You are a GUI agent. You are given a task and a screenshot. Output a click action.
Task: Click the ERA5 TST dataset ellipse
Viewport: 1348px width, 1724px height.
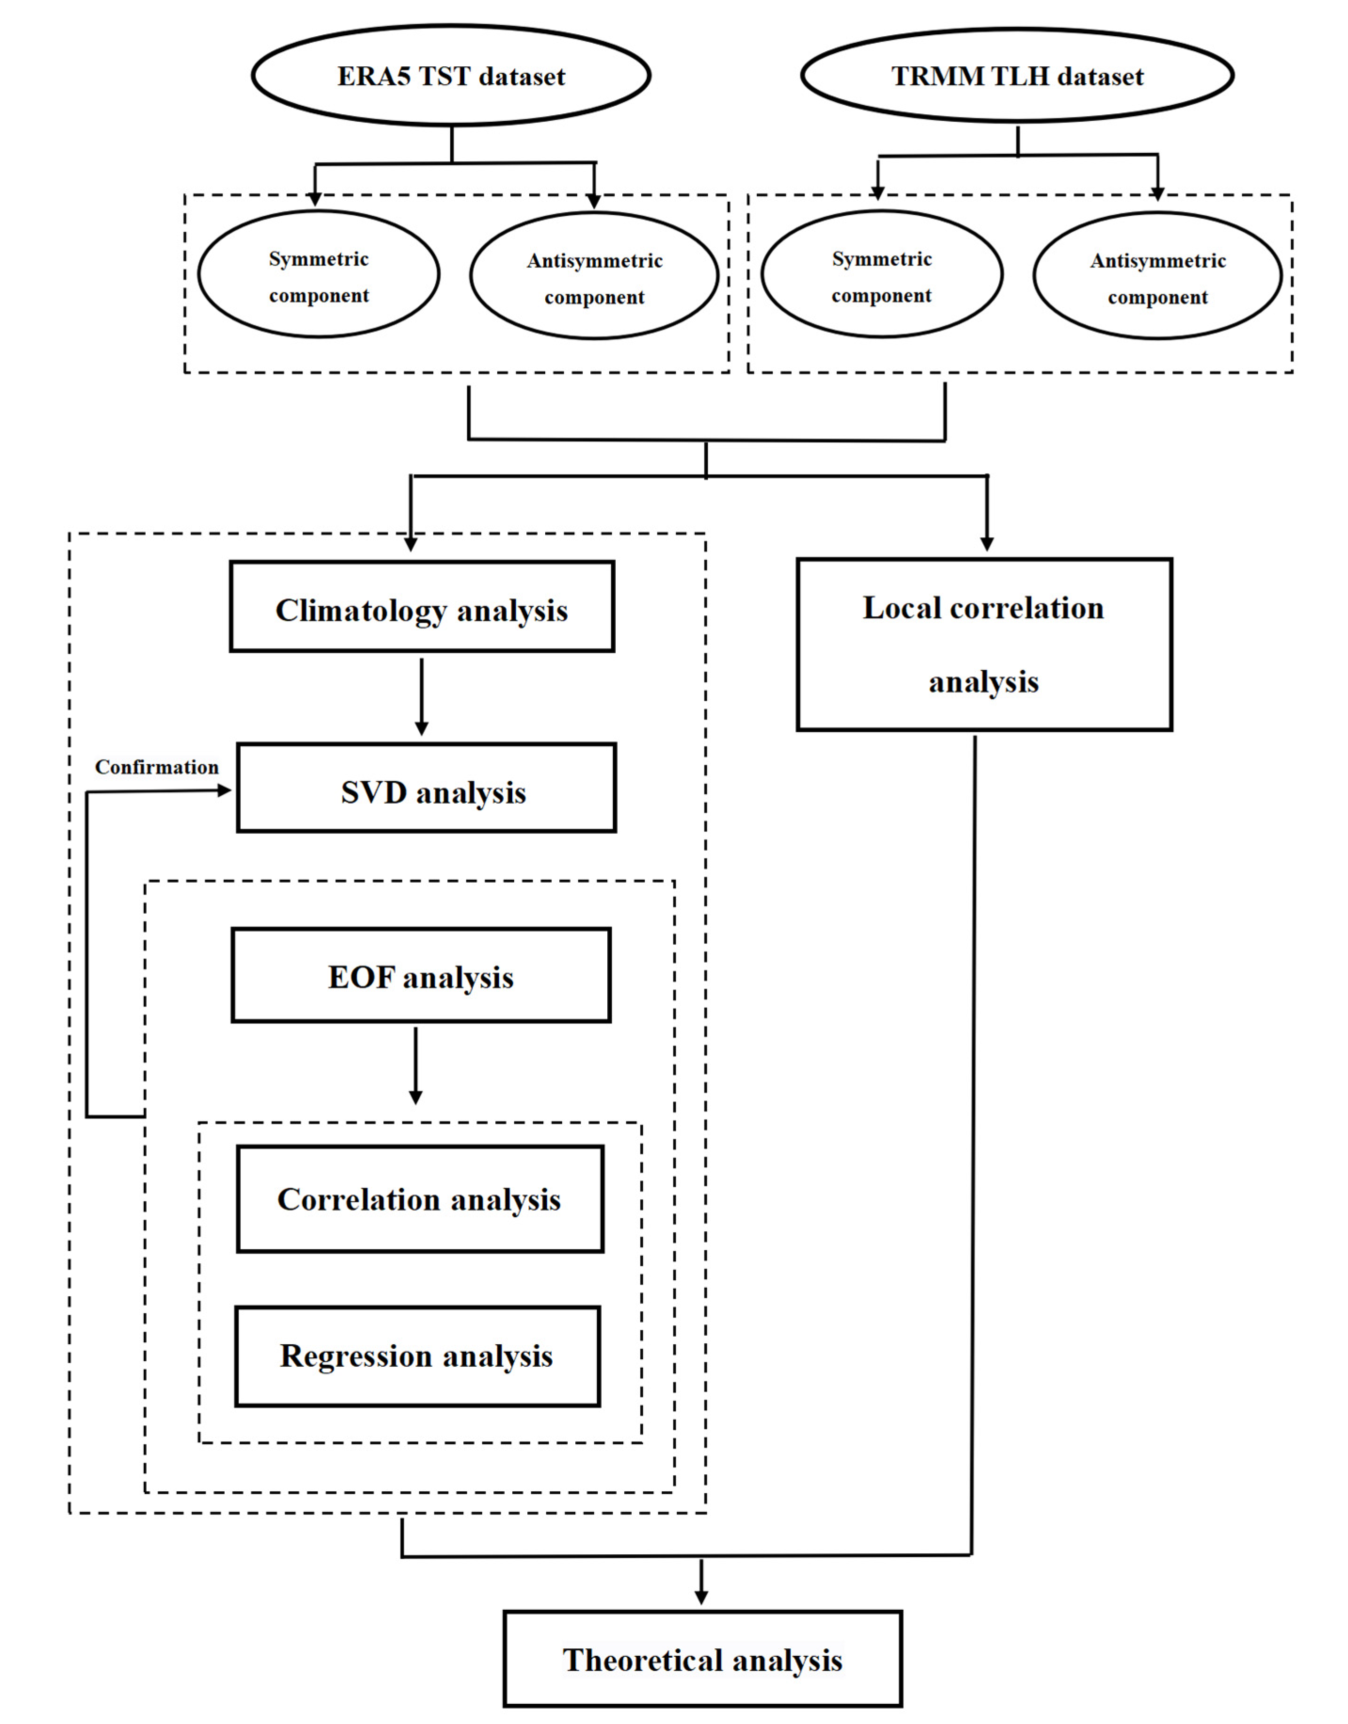[x=451, y=76]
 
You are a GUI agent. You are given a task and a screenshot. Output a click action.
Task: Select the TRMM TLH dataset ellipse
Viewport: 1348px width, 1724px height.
[x=1017, y=76]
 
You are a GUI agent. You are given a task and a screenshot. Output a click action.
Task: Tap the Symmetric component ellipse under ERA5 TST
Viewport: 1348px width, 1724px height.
[x=318, y=274]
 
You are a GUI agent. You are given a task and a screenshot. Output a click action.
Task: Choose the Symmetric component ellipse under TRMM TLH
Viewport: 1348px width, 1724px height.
[x=882, y=274]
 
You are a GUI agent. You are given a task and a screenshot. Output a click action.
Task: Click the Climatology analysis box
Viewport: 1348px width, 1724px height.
[x=422, y=606]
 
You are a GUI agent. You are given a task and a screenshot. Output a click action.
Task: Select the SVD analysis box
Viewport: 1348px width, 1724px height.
[x=426, y=788]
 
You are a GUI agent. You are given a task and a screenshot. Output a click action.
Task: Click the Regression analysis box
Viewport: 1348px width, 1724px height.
[x=417, y=1356]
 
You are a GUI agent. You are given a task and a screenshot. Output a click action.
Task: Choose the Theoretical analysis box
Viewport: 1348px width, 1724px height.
[x=702, y=1659]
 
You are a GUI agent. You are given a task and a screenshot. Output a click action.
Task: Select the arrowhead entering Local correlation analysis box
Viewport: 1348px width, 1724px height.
[x=987, y=544]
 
